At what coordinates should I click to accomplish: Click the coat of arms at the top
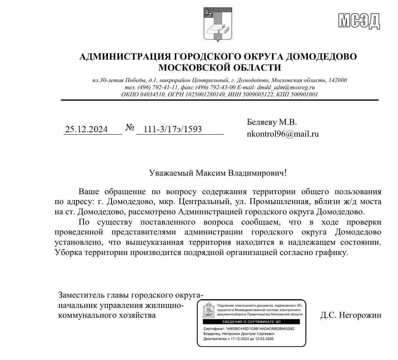point(215,24)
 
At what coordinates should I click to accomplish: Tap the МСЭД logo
point(359,21)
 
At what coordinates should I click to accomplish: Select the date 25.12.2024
point(86,129)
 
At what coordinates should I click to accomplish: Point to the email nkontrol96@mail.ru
point(283,134)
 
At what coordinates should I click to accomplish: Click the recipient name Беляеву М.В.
point(272,122)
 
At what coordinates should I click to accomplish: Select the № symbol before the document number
point(130,128)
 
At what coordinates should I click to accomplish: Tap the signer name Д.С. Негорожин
point(351,315)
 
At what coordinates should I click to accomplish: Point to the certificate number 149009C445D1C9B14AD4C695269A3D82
point(260,328)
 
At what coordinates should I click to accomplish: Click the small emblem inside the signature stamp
point(208,311)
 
